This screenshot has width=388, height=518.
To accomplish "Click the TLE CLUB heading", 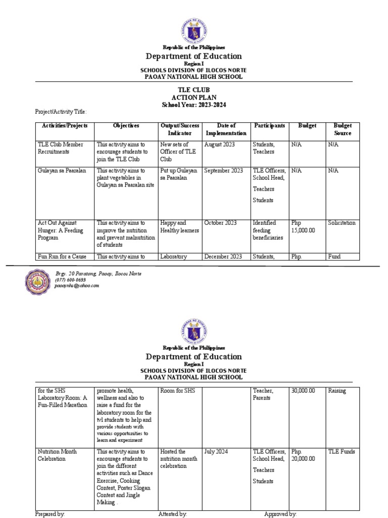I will pos(194,90).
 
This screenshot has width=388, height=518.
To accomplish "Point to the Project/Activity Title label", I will pos(61,111).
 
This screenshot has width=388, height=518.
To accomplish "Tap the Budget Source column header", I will pos(343,129).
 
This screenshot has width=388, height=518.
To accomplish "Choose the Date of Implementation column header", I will pos(225,129).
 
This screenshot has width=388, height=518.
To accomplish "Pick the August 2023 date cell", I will pos(220,144).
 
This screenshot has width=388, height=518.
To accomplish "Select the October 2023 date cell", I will pos(220,223).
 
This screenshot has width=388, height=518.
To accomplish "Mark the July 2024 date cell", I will pos(215,451).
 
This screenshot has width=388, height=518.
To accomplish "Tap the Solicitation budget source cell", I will pos(342,223).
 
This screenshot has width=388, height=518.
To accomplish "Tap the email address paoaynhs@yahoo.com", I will pos(77,285).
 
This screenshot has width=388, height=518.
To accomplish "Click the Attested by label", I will pos(173,514).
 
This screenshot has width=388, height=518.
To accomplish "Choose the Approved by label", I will pos(280,514).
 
